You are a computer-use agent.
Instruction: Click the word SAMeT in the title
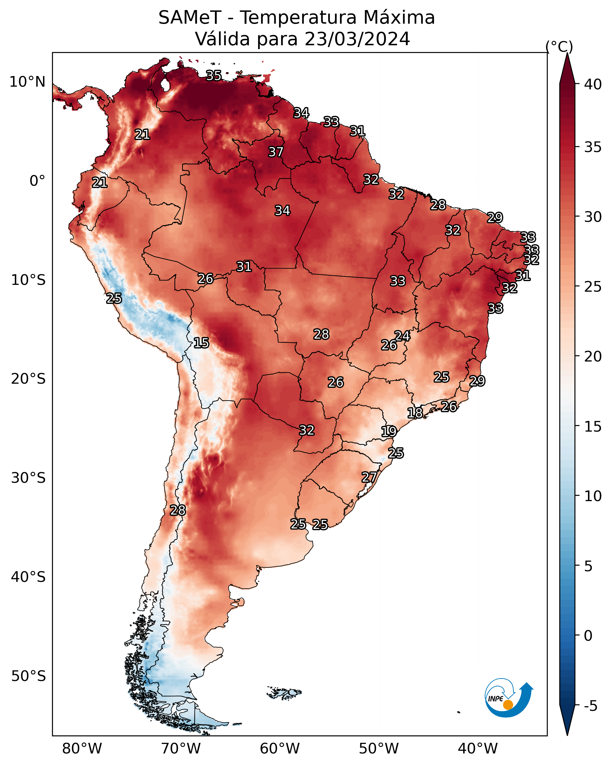190,18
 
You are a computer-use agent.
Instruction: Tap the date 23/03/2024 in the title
357,39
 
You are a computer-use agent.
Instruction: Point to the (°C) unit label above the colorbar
559,46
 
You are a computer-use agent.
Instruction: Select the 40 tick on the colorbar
593,84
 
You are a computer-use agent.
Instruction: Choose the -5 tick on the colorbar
590,706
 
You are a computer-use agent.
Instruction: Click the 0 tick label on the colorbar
588,636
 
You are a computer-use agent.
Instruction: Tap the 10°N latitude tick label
27,82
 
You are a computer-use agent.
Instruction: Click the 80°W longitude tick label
82,748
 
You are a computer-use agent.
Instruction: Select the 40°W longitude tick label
478,748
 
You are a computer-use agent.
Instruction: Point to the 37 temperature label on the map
275,152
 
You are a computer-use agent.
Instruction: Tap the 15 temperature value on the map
201,343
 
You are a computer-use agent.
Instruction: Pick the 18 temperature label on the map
415,413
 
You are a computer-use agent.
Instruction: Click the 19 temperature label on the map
389,432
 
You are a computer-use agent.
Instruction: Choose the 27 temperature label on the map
369,477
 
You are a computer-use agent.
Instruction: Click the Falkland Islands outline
284,692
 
